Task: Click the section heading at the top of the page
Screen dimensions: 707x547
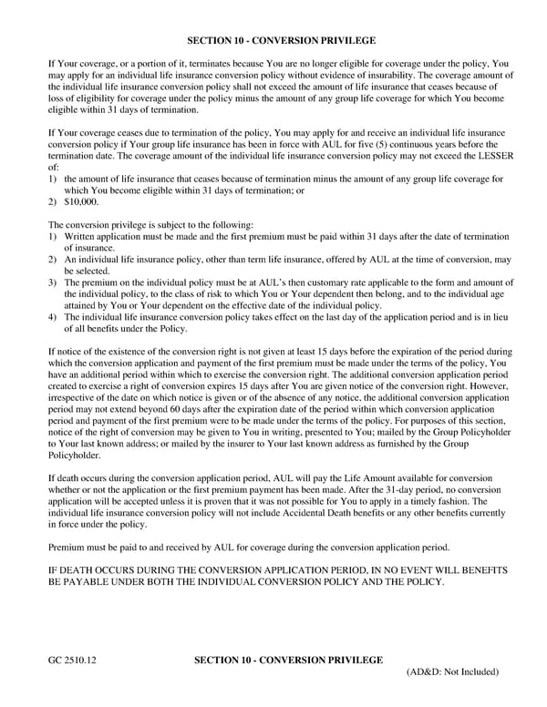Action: point(280,41)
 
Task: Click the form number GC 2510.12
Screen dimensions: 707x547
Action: point(75,658)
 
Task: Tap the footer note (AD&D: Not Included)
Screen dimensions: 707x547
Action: point(452,672)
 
